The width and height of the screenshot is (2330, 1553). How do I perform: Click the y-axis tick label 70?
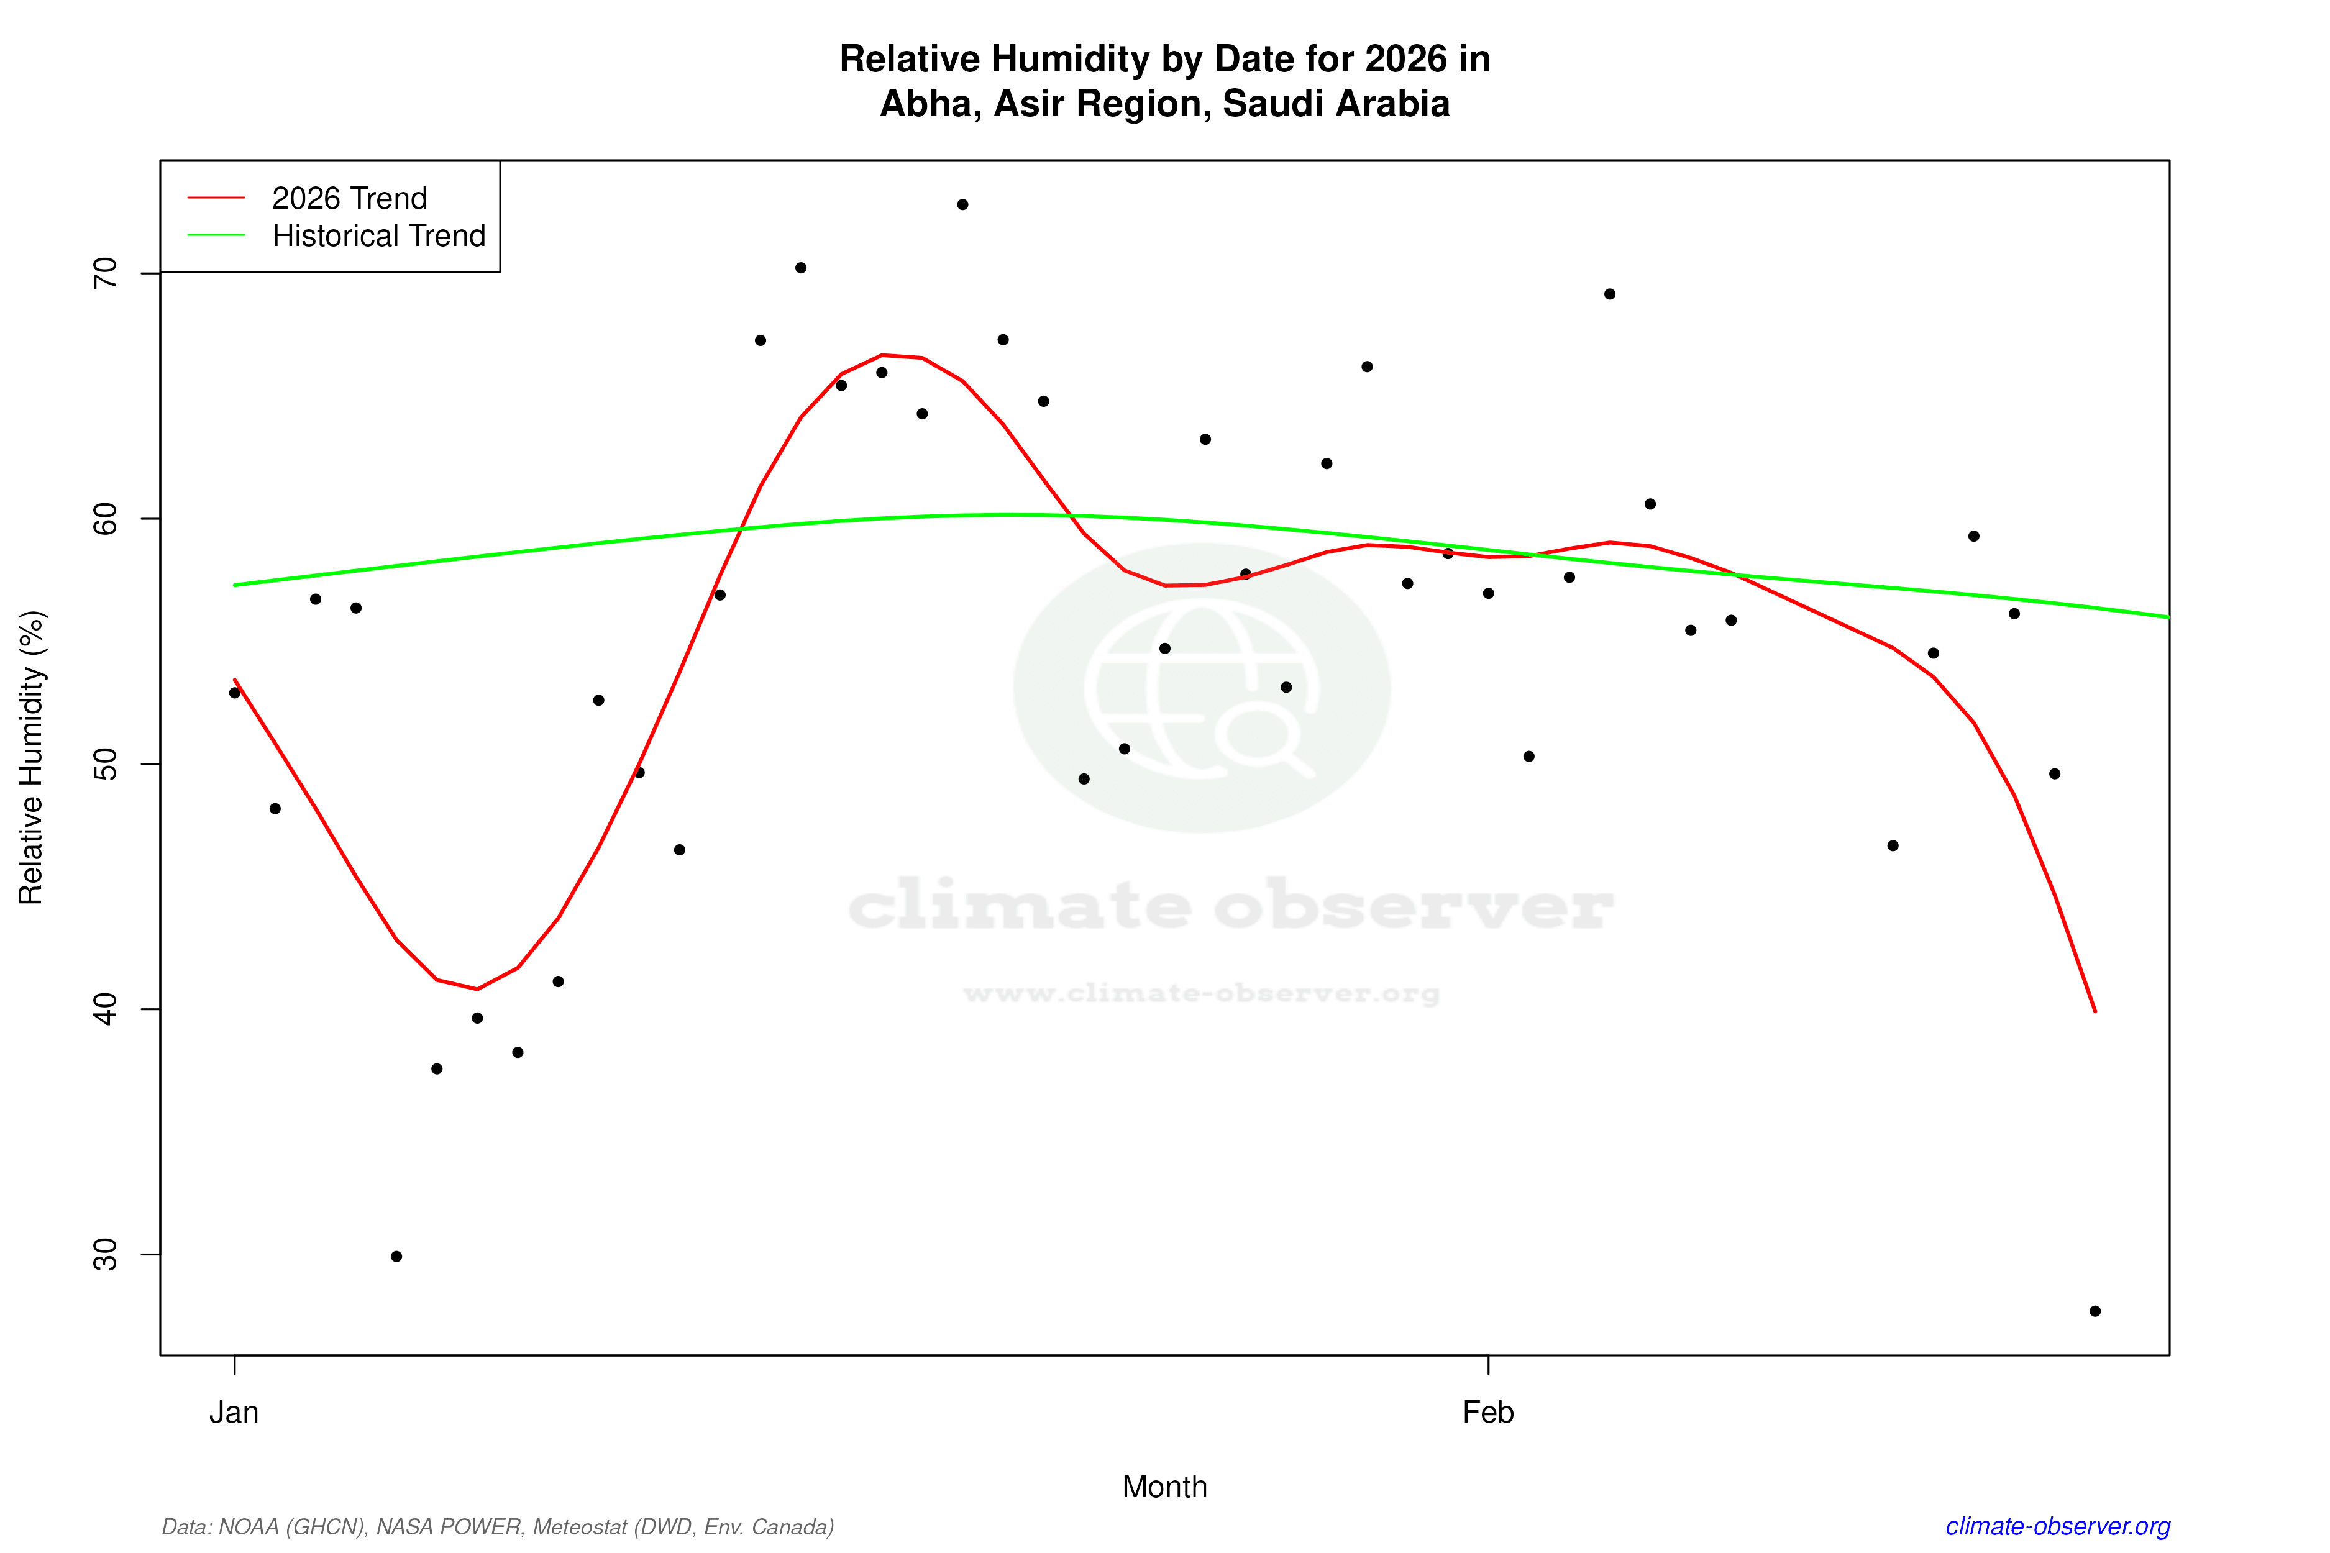point(104,273)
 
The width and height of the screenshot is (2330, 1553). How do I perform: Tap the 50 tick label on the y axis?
point(104,763)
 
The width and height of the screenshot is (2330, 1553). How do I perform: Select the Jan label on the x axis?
point(234,1413)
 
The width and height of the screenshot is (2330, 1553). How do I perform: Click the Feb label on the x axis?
point(1488,1413)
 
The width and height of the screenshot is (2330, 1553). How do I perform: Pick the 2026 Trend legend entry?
point(349,198)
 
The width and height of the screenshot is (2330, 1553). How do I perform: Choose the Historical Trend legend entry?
point(378,235)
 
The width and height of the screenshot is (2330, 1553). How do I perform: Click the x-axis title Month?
point(1164,1487)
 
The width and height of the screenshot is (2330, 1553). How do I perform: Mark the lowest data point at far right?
point(2095,1311)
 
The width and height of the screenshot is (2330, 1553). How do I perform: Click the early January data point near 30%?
point(396,1257)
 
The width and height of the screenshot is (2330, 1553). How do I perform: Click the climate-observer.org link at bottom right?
point(2058,1526)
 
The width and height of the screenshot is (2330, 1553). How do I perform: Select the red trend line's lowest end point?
point(2095,1011)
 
